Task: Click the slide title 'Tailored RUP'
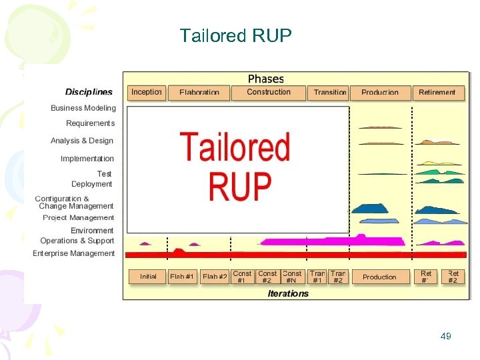pyautogui.click(x=235, y=35)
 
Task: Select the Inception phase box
pyautogui.click(x=146, y=93)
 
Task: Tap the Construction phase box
pyautogui.click(x=269, y=93)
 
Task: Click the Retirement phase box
pyautogui.click(x=437, y=93)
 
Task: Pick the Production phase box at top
pyautogui.click(x=379, y=93)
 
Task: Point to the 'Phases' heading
pyautogui.click(x=265, y=79)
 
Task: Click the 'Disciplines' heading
pyautogui.click(x=89, y=92)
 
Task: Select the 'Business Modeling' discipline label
pyautogui.click(x=83, y=108)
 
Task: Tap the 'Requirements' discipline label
pyautogui.click(x=90, y=123)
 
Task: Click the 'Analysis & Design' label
pyautogui.click(x=82, y=141)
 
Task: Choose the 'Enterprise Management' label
pyautogui.click(x=74, y=253)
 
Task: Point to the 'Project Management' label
pyautogui.click(x=79, y=218)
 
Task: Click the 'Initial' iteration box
pyautogui.click(x=148, y=277)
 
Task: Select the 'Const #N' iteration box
pyautogui.click(x=292, y=277)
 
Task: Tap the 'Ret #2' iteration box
pyautogui.click(x=453, y=277)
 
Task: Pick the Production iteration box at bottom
pyautogui.click(x=379, y=277)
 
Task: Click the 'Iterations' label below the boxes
pyautogui.click(x=288, y=293)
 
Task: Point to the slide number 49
pyautogui.click(x=446, y=337)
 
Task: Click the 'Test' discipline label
pyautogui.click(x=104, y=174)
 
